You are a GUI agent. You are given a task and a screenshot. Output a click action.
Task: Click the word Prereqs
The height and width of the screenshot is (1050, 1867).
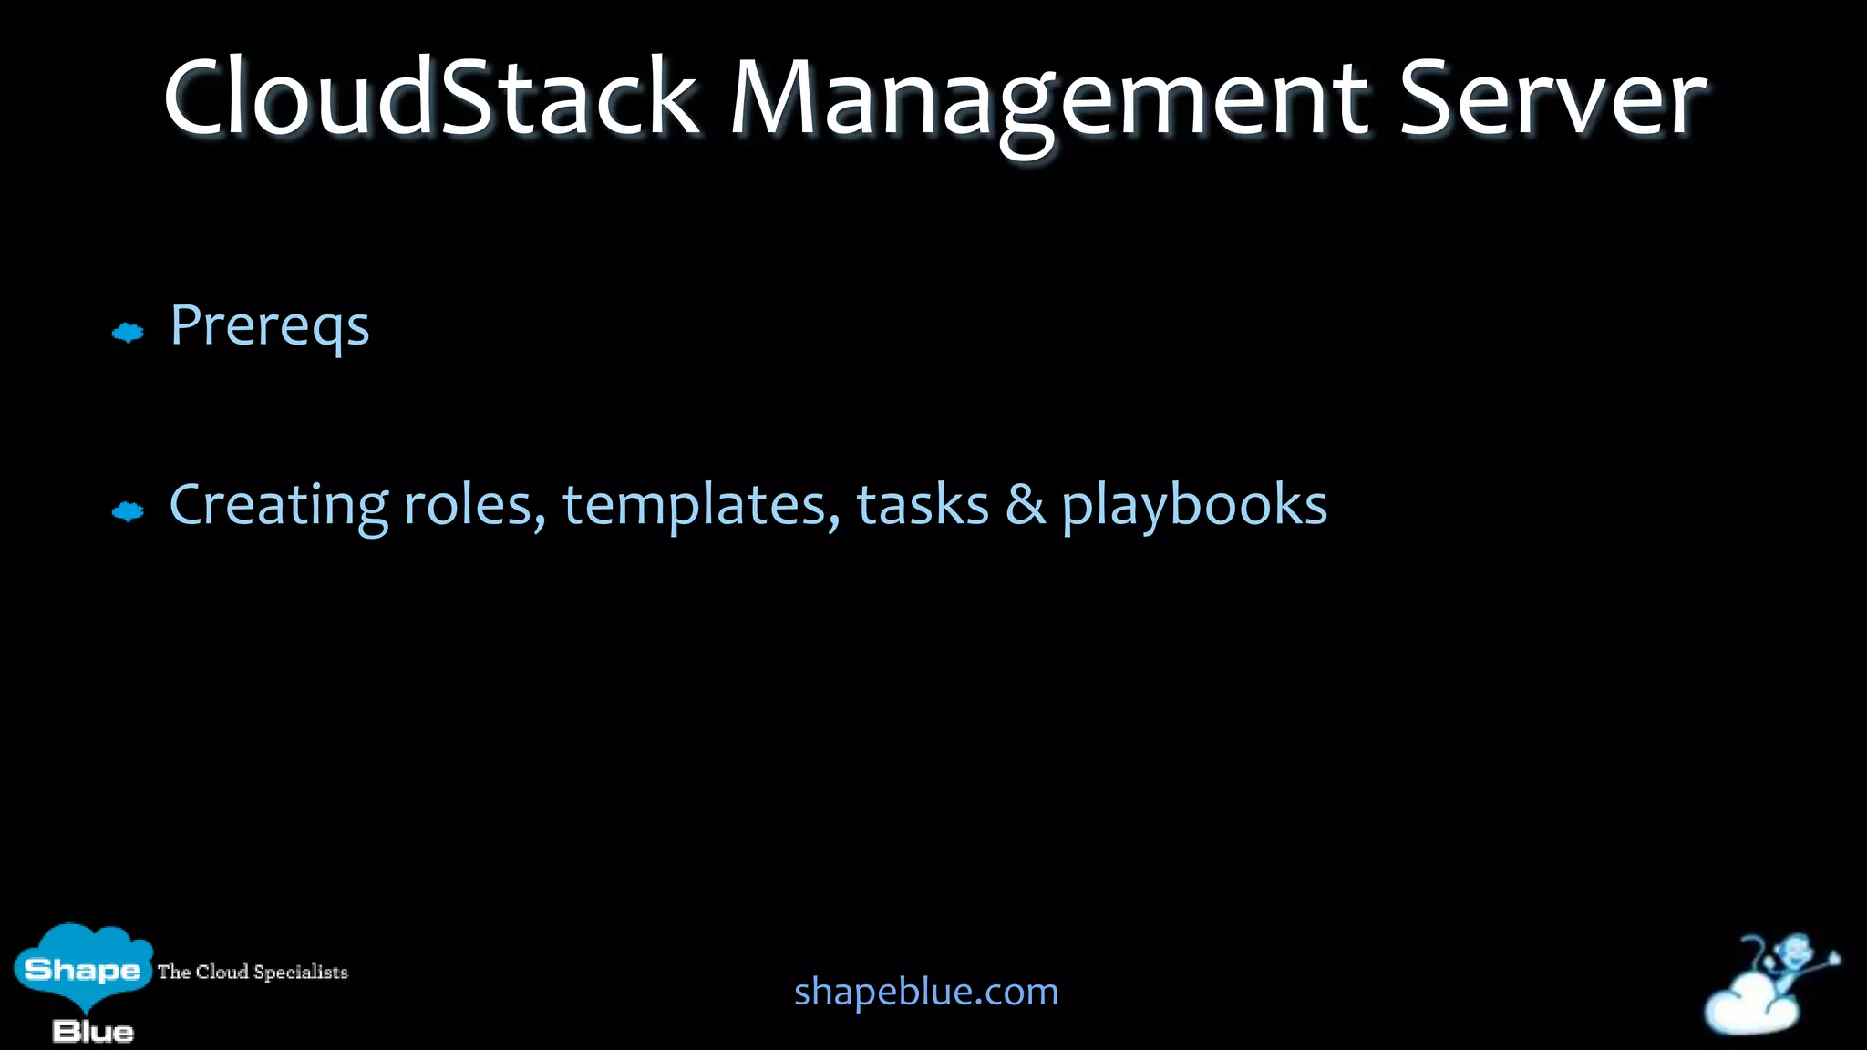tap(270, 326)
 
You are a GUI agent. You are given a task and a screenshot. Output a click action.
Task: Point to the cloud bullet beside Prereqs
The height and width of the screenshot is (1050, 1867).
tap(128, 333)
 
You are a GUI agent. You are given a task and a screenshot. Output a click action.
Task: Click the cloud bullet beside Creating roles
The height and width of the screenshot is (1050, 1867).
tap(128, 511)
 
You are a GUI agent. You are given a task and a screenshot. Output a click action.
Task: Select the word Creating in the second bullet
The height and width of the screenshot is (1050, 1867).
tap(279, 506)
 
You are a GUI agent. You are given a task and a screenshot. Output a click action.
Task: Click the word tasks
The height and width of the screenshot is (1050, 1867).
tap(923, 506)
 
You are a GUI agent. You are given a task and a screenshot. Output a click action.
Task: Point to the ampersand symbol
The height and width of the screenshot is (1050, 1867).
tap(1026, 506)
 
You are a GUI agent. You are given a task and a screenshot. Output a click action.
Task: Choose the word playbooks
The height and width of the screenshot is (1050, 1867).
tap(1194, 506)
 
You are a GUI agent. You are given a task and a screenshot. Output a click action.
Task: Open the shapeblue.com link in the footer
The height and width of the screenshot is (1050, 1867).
tap(926, 992)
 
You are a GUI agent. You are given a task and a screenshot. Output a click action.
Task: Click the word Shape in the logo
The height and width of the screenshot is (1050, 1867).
tap(83, 969)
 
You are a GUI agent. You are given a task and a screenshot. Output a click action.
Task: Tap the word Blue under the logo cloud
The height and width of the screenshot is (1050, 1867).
tap(93, 1032)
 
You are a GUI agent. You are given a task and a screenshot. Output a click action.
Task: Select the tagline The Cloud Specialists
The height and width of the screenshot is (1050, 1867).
tap(253, 972)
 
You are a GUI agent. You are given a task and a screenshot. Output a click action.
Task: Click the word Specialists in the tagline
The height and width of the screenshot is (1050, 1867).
tap(301, 972)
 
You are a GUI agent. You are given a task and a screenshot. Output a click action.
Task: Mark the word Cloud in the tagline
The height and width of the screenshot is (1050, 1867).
tap(222, 972)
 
